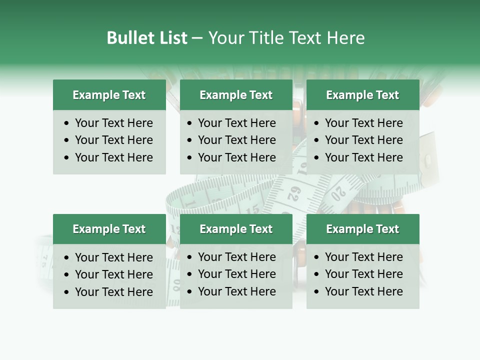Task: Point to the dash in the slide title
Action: (197, 38)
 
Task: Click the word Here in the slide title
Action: (345, 38)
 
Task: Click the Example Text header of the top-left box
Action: (109, 95)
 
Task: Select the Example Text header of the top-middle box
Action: (236, 95)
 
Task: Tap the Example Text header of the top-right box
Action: (362, 95)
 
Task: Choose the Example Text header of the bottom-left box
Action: (109, 229)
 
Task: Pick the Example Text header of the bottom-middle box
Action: (236, 229)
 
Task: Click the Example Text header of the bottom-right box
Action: (362, 229)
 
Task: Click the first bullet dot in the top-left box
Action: (67, 123)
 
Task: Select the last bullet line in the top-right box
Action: (363, 157)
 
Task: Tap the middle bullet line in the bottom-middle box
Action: (236, 274)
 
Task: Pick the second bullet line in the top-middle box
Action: (236, 140)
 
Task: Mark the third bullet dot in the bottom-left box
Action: (67, 292)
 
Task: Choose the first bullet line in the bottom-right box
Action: (363, 257)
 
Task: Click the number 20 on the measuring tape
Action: (339, 191)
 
